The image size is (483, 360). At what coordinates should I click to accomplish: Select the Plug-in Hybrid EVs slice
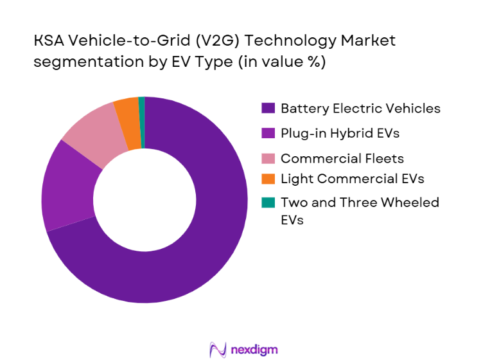[67, 186]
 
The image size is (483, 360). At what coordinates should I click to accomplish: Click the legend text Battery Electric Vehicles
[360, 109]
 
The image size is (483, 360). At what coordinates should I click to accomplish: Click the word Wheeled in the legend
[414, 203]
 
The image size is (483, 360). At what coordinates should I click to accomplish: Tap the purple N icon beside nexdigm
[218, 349]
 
